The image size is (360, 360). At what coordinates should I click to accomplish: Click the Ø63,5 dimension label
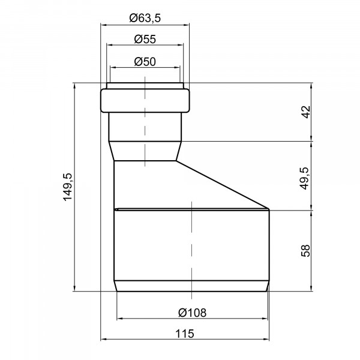click(x=145, y=18)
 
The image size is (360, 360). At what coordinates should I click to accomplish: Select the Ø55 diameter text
click(x=145, y=39)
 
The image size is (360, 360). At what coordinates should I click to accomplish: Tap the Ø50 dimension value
click(x=145, y=62)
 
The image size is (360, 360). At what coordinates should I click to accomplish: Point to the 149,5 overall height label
click(x=68, y=187)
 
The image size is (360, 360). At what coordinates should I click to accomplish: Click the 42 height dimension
click(x=306, y=112)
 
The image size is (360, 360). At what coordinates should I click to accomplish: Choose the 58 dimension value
click(x=305, y=251)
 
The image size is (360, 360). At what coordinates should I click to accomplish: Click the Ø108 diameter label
click(x=193, y=313)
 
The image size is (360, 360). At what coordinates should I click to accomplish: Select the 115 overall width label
click(x=185, y=334)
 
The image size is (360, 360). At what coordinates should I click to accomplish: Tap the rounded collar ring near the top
click(x=145, y=101)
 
